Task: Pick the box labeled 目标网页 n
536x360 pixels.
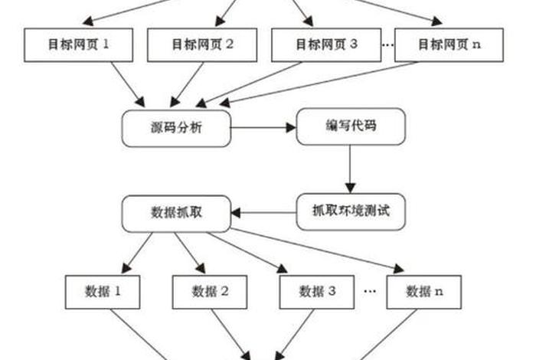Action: (449, 45)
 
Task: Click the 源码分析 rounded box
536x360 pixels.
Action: (176, 129)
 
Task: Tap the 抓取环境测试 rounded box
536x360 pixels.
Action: (350, 210)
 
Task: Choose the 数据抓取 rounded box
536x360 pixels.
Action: (176, 211)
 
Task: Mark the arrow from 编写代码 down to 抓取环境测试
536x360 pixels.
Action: (350, 169)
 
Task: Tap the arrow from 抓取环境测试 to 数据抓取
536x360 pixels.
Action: (263, 211)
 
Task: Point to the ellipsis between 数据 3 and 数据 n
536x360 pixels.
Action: (370, 291)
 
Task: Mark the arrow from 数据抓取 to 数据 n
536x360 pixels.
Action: (322, 249)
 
